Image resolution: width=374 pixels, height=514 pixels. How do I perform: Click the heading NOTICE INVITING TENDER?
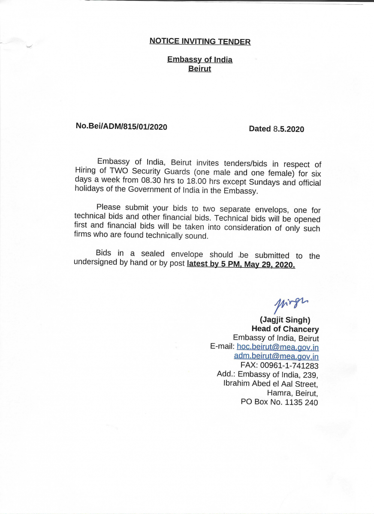(200, 42)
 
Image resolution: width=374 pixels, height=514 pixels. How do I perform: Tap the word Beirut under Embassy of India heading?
(199, 69)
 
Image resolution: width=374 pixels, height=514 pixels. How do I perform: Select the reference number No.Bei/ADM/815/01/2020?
(121, 126)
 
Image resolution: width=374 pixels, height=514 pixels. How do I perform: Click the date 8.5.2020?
(288, 129)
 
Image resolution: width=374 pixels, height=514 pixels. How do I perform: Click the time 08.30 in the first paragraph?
(150, 181)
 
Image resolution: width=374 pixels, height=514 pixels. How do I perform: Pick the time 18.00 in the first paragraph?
(196, 182)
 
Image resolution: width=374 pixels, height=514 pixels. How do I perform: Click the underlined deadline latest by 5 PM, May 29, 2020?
(241, 264)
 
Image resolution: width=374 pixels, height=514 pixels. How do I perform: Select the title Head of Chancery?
(285, 329)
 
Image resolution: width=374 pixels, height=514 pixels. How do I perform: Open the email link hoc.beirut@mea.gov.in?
(277, 347)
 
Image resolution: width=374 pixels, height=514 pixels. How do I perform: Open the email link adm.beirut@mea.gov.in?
(276, 356)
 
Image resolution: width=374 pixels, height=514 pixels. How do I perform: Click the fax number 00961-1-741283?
(291, 365)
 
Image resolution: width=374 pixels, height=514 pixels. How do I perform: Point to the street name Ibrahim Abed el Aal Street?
(270, 384)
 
